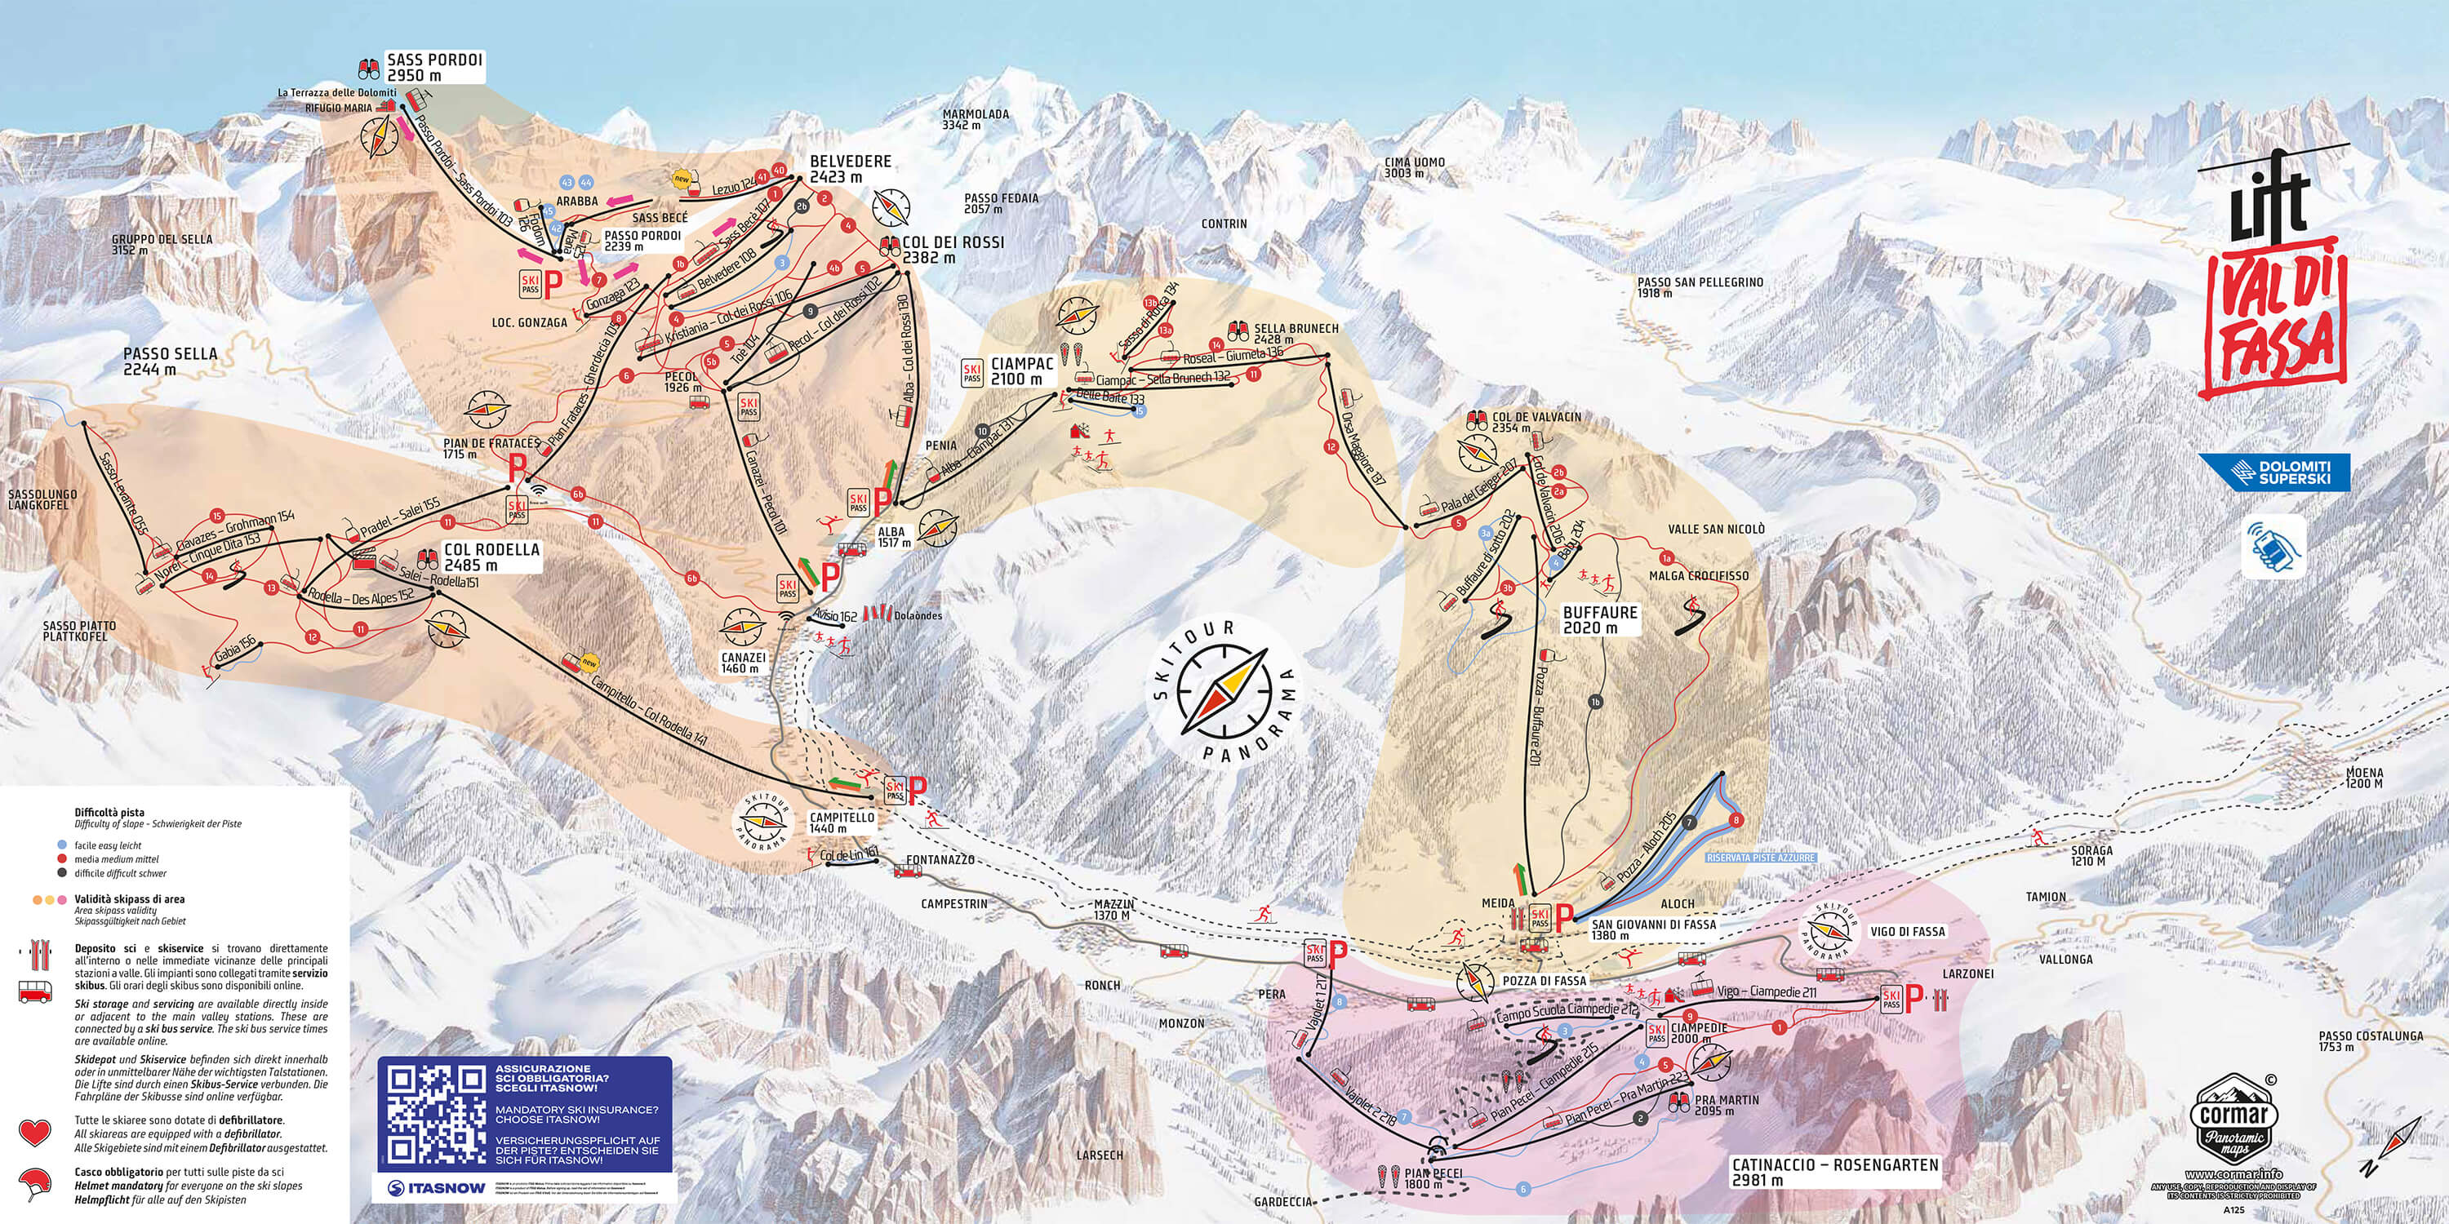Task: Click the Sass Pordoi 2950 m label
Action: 434,67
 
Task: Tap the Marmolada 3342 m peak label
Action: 976,119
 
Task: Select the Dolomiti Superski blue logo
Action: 2273,472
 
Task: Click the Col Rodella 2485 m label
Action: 491,557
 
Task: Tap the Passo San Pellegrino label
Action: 1700,287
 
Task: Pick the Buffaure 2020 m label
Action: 1600,619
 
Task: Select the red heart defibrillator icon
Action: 35,1133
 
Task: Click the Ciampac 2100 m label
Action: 1022,370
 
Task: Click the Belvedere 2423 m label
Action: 849,168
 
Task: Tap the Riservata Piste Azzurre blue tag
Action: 1761,857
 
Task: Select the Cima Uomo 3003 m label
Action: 1414,167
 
